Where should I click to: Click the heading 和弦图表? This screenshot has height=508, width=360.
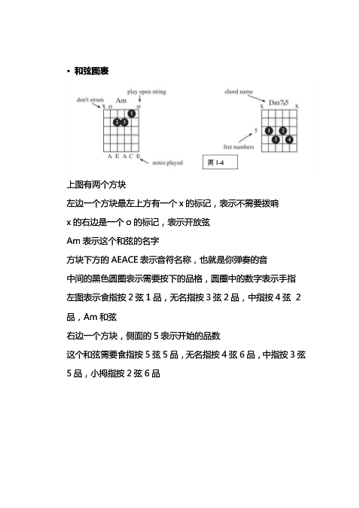click(90, 71)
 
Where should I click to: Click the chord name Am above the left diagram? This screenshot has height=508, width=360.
click(121, 100)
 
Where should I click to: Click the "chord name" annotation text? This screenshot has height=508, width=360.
click(238, 92)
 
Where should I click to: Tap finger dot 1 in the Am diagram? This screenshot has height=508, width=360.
click(132, 114)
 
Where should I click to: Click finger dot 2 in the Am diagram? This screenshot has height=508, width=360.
click(116, 122)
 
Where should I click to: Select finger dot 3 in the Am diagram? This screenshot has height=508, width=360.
click(123, 122)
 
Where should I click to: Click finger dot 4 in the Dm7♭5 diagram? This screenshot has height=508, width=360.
click(289, 139)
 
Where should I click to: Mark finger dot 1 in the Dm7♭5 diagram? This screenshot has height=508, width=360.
click(269, 131)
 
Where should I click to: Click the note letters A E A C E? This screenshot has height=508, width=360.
click(121, 156)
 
